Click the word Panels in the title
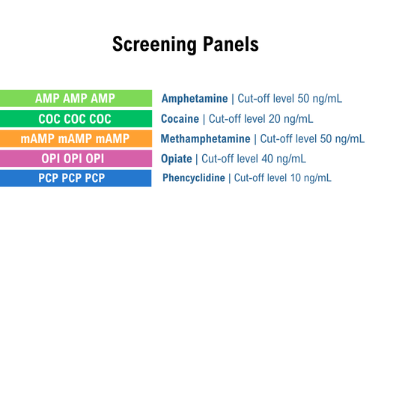[231, 44]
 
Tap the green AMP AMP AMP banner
[76, 98]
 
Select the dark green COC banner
[76, 118]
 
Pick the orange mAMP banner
[76, 138]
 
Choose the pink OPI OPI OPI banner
[76, 158]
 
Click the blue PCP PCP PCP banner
[76, 178]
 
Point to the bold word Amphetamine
[195, 99]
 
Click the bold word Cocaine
[180, 118]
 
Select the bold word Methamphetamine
[206, 138]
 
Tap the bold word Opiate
[177, 158]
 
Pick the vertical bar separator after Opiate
[197, 158]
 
